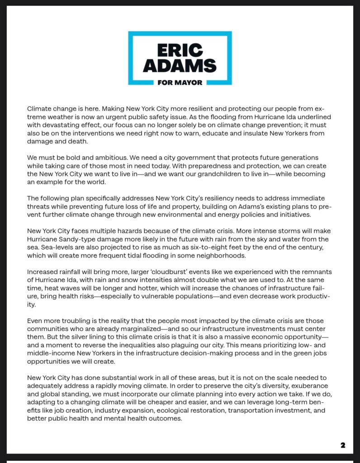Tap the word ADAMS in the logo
[180, 66]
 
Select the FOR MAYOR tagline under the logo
[180, 82]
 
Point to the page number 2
[343, 445]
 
